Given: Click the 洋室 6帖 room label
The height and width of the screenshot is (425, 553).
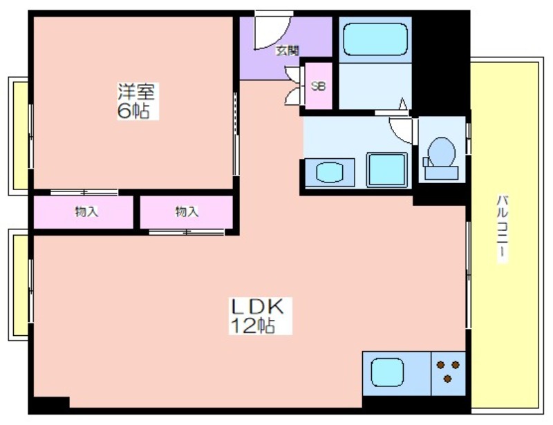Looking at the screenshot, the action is pos(138,101).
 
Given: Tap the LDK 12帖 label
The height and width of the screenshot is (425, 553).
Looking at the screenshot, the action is pos(260,316).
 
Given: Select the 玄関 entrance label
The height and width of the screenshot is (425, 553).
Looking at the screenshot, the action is pos(287,50).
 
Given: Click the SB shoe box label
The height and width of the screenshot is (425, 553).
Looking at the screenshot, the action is pos(319,86).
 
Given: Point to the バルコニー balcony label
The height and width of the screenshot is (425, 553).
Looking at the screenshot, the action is pos(503,228).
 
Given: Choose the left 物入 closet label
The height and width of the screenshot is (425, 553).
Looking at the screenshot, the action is pos(86,211).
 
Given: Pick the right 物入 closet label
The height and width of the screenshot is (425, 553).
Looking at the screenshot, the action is pos(187,211).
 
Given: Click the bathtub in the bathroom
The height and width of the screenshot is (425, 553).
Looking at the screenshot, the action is pos(375,39).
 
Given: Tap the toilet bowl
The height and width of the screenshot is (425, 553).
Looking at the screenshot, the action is pos(441,151).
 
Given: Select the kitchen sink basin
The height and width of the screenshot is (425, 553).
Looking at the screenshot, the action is pos(387,372).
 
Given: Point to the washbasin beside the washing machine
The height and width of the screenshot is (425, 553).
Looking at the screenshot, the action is pos(330,173).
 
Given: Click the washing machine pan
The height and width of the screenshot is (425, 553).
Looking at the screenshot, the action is pos(387,169).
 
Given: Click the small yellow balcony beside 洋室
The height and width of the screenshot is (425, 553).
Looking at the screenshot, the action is pos(21,135).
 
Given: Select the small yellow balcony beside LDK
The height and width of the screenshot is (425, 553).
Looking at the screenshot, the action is pos(21,285).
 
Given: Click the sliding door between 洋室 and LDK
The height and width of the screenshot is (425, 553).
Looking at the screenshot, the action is pos(236,134).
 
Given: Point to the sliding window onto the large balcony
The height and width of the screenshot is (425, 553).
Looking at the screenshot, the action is pos(469,274).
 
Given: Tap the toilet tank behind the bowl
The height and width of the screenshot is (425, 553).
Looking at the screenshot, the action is pos(441,173).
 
